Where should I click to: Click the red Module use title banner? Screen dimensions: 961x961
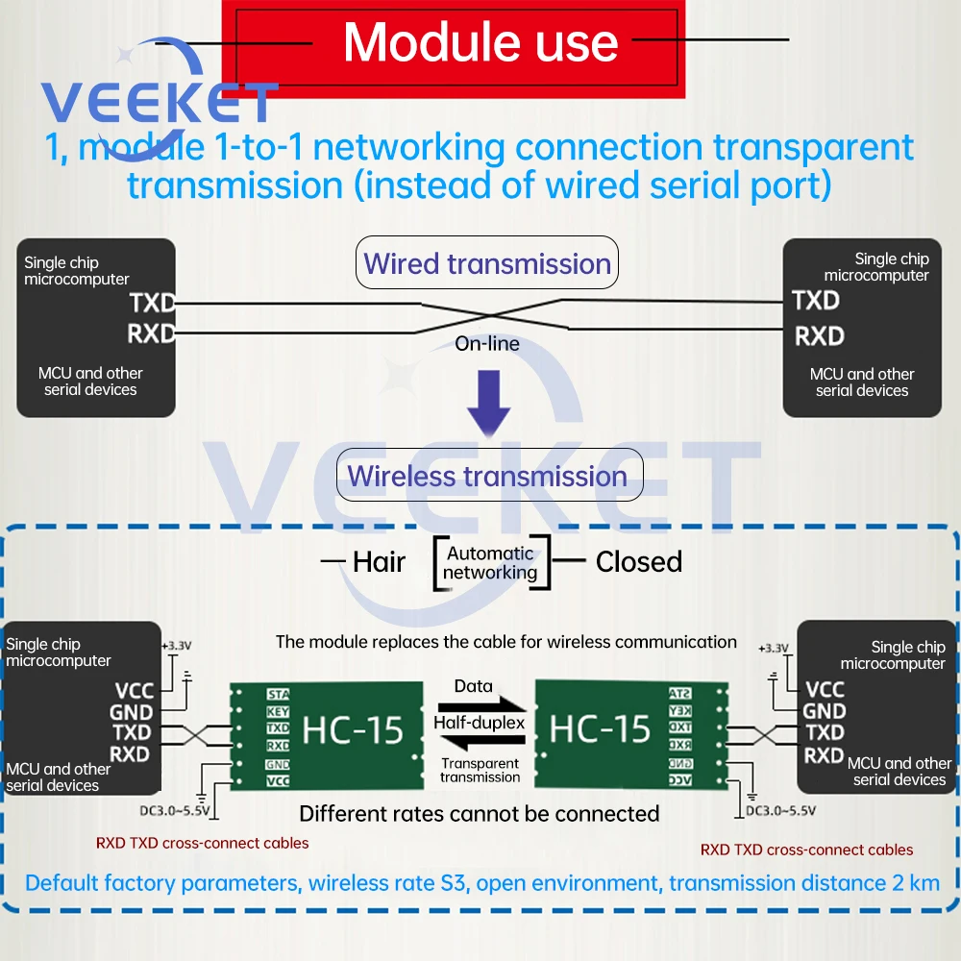coord(480,43)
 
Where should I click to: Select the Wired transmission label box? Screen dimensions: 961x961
coord(487,263)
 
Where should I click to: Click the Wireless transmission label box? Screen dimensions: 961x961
coord(487,476)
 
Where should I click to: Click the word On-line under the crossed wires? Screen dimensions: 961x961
coord(487,343)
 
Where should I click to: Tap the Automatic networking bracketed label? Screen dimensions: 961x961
coord(490,563)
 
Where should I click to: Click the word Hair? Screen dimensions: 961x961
coord(379,562)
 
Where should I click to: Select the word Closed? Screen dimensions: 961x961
coord(638,562)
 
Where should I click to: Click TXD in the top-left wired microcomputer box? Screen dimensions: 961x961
coord(153,304)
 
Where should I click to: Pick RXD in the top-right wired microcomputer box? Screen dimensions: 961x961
coord(819,336)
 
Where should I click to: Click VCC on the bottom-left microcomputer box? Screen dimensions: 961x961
coord(134,690)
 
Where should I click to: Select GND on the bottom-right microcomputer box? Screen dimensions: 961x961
coord(825,711)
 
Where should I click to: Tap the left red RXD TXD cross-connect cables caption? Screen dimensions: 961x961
coord(203,843)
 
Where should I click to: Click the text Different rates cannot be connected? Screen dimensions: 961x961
coord(479,814)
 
